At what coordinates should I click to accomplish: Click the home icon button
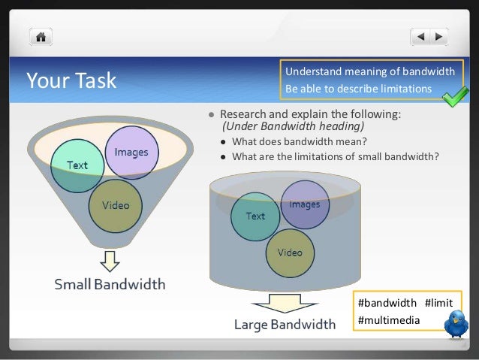coord(41,36)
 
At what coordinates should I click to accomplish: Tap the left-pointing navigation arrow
coord(421,36)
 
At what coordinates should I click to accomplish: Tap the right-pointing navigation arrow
coord(439,36)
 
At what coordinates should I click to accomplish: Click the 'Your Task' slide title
coord(71,80)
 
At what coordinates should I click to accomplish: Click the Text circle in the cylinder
coord(255,216)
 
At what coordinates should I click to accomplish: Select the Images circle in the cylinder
coord(304,204)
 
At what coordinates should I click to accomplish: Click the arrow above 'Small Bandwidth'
coord(110,261)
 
